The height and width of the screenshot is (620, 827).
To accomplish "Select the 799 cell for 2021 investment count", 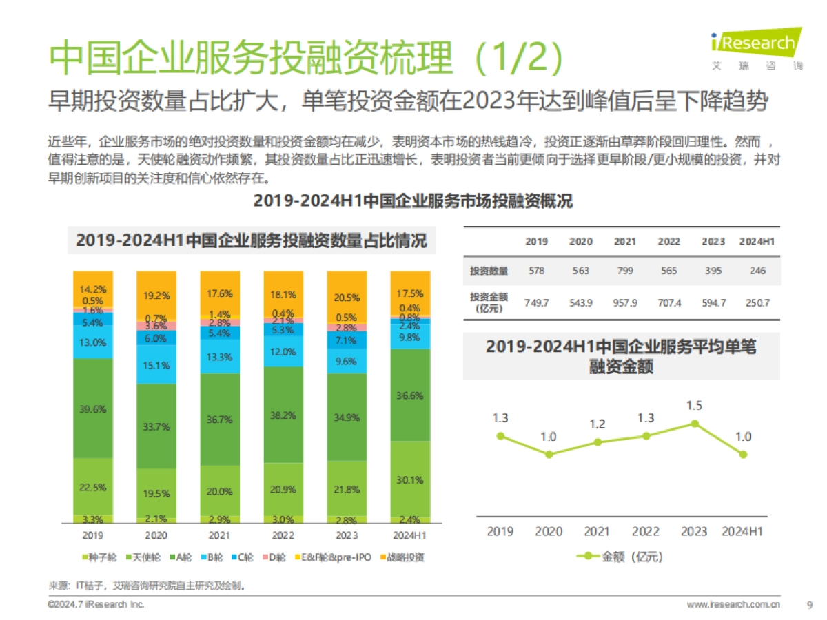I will pos(625,271).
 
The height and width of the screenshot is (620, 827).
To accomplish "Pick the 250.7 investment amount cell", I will pos(757,302).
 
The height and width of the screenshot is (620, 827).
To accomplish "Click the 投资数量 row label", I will pos(489,271).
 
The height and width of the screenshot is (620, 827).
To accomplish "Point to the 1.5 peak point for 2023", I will pos(695,424).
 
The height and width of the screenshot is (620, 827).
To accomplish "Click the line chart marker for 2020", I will pos(549,454).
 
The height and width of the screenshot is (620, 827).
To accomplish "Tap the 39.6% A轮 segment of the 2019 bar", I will pos(93,409).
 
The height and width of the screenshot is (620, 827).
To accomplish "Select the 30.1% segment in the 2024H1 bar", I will pos(410,480).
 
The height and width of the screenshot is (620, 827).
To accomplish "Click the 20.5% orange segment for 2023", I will pos(347,298).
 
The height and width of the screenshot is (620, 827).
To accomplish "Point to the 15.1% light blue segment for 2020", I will pos(156,365).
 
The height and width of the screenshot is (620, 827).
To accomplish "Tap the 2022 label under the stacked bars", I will pos(283,535).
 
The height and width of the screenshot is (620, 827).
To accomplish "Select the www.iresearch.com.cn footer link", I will pos(733,605).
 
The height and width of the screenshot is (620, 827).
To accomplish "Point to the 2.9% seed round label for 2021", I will pos(220,519).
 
